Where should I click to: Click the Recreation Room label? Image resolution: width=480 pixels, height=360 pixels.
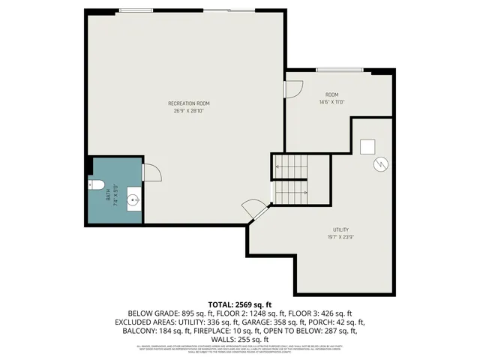point(188,102)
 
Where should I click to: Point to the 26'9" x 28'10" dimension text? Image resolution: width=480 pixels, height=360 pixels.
point(188,110)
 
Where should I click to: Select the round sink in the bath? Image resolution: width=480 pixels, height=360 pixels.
point(133,199)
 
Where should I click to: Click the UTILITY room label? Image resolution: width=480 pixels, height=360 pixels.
point(341,229)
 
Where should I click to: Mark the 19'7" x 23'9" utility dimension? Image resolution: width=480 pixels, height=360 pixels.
point(341,237)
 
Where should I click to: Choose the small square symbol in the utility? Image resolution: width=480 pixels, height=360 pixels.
point(367,145)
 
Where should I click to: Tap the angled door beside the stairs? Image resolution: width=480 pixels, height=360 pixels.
point(253,209)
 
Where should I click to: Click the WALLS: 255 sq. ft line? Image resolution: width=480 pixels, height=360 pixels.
point(239,339)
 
